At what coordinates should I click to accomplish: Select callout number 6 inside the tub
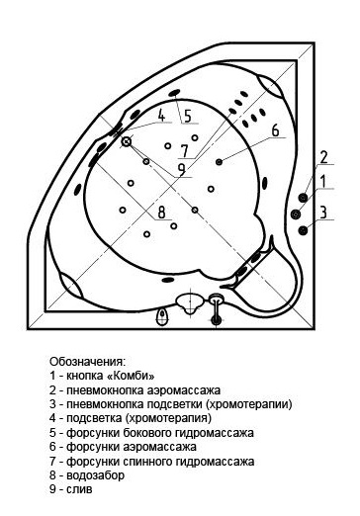276,130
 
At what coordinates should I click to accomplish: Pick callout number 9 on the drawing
180,167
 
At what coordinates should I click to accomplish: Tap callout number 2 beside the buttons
322,157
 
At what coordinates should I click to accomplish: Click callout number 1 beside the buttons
323,181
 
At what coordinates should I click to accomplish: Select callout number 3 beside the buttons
323,212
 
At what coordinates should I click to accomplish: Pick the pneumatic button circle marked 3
303,229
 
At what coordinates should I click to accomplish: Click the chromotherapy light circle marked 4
127,141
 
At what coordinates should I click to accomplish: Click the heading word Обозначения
88,363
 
